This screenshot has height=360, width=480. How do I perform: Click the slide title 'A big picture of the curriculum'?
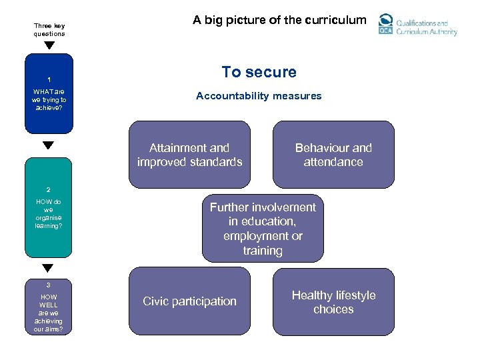click(279, 20)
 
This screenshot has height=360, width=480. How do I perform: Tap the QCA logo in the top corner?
click(386, 25)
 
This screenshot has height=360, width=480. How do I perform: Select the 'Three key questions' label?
click(49, 30)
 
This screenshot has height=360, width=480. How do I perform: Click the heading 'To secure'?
click(259, 72)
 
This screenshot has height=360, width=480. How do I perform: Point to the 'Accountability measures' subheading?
click(259, 96)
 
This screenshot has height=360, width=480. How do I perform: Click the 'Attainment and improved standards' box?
click(189, 155)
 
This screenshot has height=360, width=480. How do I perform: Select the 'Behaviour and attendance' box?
click(333, 155)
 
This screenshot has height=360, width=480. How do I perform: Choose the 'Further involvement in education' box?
click(263, 229)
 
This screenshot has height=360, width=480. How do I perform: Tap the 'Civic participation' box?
click(189, 301)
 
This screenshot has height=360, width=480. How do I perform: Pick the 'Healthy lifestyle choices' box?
click(333, 301)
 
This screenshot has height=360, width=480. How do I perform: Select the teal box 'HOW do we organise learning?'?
click(48, 207)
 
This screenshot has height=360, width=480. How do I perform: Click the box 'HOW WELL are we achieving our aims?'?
click(49, 307)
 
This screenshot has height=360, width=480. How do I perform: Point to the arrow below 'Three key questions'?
click(49, 46)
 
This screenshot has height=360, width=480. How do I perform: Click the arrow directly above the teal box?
click(48, 145)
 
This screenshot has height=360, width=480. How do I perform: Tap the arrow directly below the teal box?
click(48, 268)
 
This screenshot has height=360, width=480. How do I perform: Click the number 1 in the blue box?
click(49, 79)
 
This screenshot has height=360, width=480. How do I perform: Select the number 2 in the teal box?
click(48, 189)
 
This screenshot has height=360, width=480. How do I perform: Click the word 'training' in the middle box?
click(263, 251)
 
